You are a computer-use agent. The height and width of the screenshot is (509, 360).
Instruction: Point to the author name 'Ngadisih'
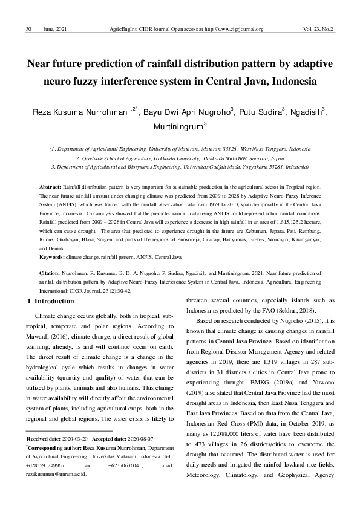tap(312, 112)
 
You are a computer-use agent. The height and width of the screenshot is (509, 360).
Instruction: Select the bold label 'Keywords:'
tap(52, 257)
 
